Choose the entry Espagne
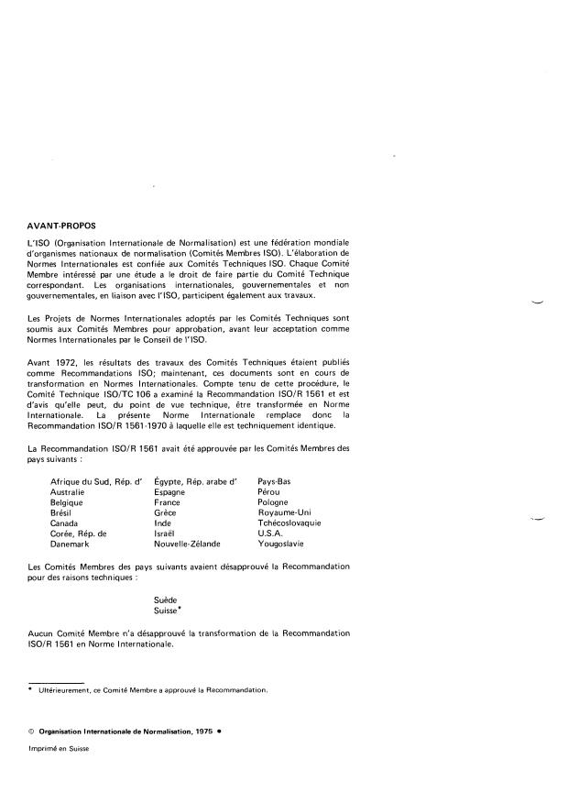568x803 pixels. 170,492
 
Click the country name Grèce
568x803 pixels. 167,512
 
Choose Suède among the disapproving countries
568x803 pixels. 168,598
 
